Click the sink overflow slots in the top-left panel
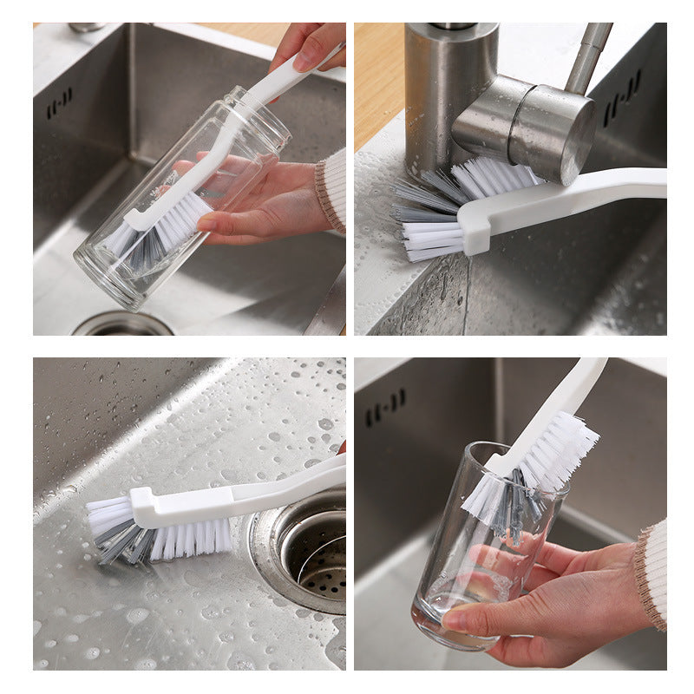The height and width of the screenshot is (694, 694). tap(59, 103)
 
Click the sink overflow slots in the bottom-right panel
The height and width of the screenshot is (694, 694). tap(385, 408)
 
